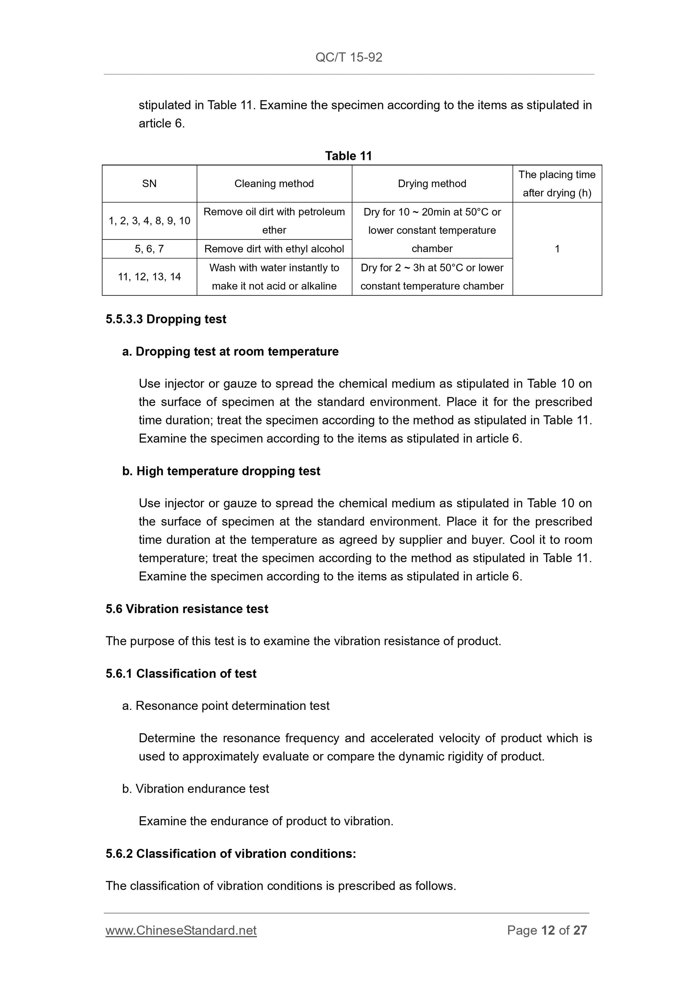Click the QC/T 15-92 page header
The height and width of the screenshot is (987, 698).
point(349,57)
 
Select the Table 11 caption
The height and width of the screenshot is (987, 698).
point(348,156)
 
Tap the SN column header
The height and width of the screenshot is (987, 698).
point(149,184)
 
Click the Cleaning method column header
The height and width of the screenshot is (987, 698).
point(274,184)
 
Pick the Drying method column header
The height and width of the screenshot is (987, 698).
point(432,184)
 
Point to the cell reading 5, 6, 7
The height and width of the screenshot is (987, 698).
point(149,249)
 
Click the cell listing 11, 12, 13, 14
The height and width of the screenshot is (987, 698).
point(149,277)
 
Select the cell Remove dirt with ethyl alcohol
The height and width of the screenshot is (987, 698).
point(274,249)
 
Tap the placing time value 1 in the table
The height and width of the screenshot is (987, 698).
point(557,249)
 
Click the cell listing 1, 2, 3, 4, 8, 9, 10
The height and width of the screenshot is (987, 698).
point(149,221)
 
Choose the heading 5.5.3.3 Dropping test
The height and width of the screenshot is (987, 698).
point(166,319)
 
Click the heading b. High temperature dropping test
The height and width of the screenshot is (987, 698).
point(221,471)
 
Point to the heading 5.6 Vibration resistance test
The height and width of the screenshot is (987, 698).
point(187,609)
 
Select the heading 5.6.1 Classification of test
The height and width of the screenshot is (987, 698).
point(181,673)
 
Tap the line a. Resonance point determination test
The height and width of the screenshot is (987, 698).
point(226,706)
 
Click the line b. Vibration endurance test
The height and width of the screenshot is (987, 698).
point(196,788)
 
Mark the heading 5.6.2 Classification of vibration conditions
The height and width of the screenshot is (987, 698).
point(231,853)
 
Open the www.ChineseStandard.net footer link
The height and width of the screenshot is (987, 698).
point(181,930)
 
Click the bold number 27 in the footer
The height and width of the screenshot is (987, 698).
point(580,930)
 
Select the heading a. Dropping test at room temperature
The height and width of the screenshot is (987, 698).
point(231,351)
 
